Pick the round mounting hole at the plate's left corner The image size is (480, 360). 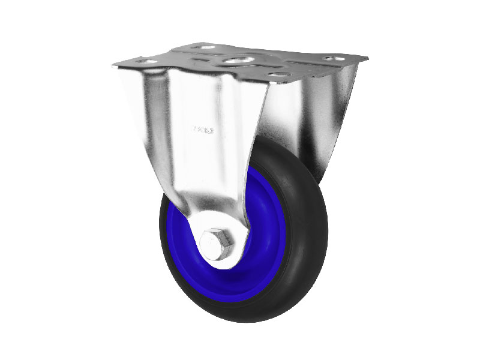click(143, 61)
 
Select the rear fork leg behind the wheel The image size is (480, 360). click(312, 120)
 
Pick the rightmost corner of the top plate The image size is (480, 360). click(367, 58)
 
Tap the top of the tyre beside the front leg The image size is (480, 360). click(270, 144)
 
